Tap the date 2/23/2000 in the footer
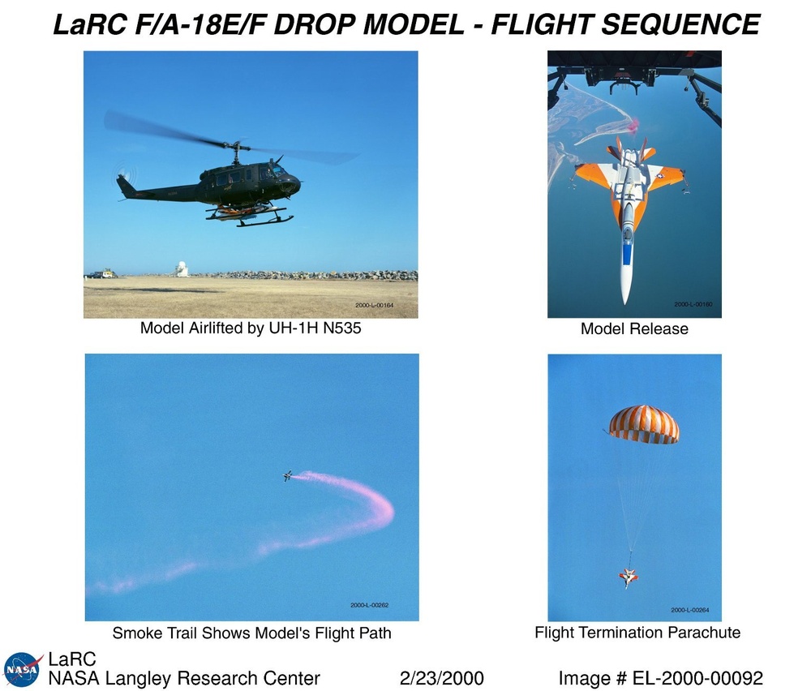click(x=442, y=678)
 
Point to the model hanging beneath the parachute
click(x=629, y=577)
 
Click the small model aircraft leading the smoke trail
click(x=288, y=475)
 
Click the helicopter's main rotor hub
click(x=236, y=145)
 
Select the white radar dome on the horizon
click(x=181, y=269)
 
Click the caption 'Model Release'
click(x=634, y=328)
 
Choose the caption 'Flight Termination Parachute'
click(x=637, y=632)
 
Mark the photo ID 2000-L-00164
click(x=374, y=305)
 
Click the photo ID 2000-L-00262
click(x=369, y=605)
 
